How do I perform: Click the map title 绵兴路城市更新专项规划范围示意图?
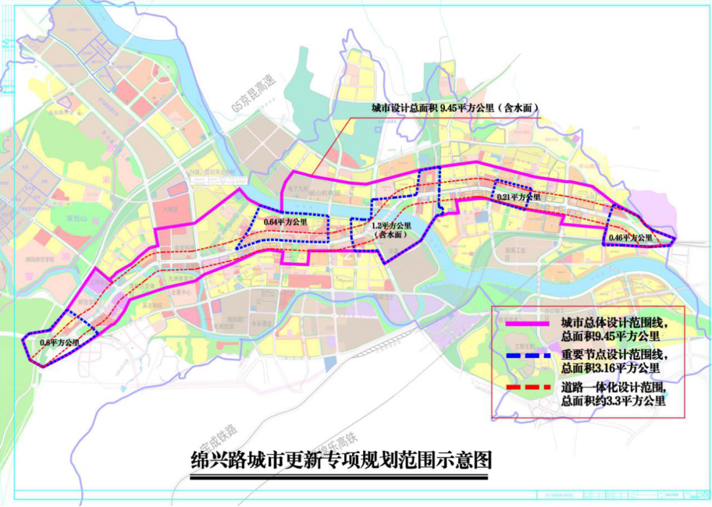pos(340,459)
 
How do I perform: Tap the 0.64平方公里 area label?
pos(285,223)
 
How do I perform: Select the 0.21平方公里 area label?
pos(519,197)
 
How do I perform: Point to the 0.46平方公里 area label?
pos(630,237)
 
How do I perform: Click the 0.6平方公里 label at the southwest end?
pos(59,342)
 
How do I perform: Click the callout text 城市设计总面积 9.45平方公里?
pos(456,109)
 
